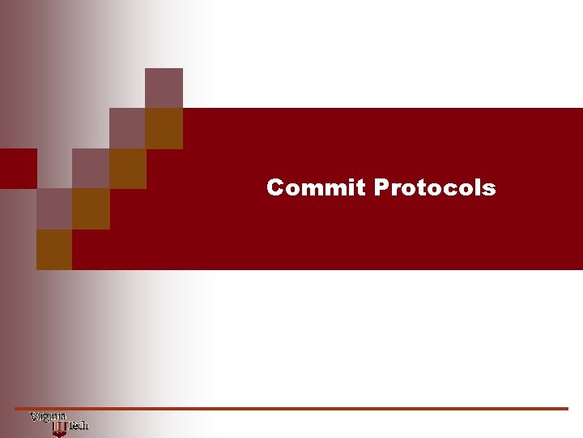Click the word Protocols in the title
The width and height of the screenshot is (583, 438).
tap(435, 188)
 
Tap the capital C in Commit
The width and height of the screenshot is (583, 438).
tap(275, 188)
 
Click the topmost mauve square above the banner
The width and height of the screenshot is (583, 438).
tap(164, 88)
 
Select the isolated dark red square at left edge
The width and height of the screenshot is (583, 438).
tap(18, 168)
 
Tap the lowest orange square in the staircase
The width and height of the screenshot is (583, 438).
tap(54, 249)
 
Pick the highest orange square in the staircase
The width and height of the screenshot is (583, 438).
tap(164, 128)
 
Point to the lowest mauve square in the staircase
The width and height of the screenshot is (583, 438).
tap(54, 208)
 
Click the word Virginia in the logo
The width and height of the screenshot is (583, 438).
tap(48, 417)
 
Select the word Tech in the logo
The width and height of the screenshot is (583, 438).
tap(78, 425)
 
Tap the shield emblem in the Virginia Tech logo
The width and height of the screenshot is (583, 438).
tap(58, 427)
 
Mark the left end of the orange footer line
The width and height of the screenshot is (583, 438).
tap(16, 408)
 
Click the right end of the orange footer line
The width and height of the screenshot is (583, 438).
tap(567, 408)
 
